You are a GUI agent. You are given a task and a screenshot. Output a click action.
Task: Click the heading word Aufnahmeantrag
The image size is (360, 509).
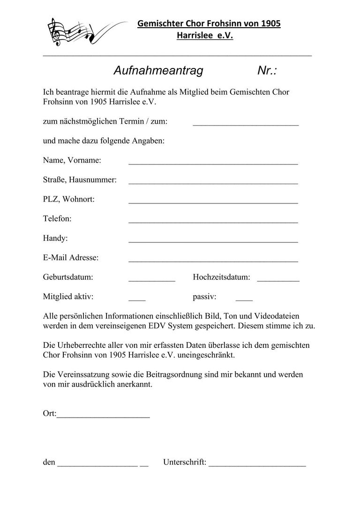(158, 71)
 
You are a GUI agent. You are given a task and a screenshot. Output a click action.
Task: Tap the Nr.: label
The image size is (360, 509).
(267, 71)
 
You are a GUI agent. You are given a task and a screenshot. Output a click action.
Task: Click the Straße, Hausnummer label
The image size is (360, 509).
(80, 180)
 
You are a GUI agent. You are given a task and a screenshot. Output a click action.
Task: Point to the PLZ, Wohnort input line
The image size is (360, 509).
(213, 202)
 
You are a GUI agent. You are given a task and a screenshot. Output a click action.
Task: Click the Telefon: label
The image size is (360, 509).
(57, 219)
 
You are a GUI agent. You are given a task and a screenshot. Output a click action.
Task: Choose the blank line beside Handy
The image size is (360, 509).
(213, 241)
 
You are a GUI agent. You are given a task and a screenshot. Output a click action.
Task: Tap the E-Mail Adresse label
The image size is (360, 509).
(71, 258)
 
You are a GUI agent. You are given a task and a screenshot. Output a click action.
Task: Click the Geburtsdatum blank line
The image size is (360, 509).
(152, 280)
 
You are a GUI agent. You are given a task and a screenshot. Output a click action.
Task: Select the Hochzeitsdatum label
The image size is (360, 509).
(221, 277)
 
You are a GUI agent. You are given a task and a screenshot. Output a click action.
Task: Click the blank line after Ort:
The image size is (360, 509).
(104, 416)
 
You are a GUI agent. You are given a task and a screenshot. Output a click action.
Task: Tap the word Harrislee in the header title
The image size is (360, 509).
(194, 36)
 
